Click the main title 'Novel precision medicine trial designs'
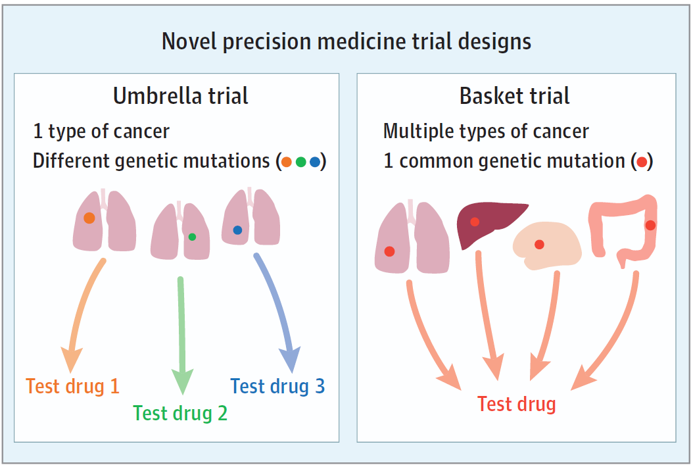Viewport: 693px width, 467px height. (x=346, y=41)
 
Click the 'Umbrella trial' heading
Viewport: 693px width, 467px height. (x=181, y=96)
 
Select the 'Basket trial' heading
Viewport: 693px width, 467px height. (x=514, y=96)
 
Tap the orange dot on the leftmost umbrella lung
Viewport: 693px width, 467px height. (x=89, y=218)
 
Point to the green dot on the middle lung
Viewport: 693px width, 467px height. (x=192, y=237)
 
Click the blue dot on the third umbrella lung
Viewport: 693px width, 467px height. (x=237, y=230)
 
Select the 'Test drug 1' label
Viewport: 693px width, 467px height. (x=72, y=386)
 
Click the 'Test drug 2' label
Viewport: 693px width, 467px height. (x=180, y=413)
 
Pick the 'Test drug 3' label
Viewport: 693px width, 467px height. (x=277, y=386)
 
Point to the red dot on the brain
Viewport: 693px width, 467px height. (x=539, y=245)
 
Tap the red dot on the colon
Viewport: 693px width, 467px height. (x=650, y=225)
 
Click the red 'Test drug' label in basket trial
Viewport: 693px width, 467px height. (x=516, y=403)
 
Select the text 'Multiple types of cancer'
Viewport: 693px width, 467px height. (x=486, y=131)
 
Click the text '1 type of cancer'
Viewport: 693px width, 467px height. (x=101, y=131)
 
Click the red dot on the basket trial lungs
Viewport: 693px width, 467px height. (x=389, y=251)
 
